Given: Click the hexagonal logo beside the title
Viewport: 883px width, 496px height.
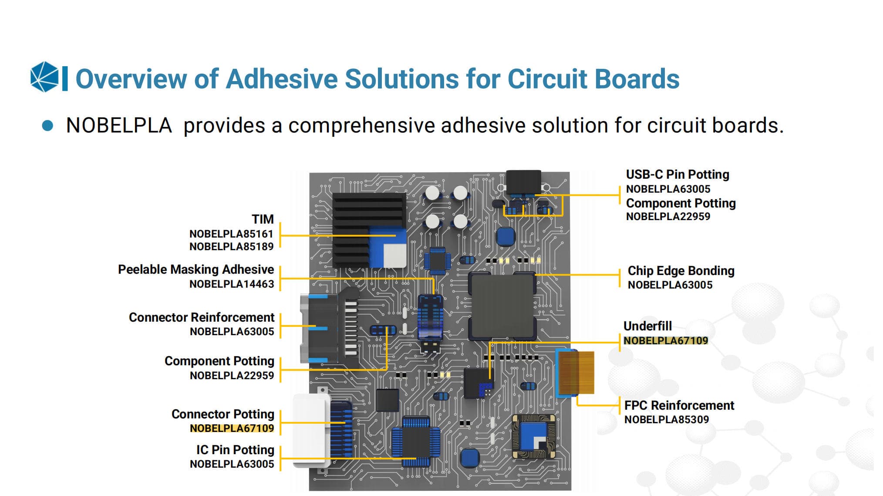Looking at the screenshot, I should click(44, 77).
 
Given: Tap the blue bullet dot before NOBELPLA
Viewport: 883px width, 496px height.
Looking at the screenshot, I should click(47, 126).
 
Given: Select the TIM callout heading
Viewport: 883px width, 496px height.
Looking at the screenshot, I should click(263, 219).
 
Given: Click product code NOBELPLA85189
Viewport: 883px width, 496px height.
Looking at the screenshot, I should click(231, 247).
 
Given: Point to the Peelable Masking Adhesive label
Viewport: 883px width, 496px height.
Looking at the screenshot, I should click(196, 270).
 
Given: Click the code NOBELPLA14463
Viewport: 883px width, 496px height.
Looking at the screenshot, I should click(232, 284).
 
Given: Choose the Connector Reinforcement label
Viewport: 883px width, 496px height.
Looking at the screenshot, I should click(202, 317).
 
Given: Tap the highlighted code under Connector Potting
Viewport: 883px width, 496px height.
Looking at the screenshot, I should click(232, 428).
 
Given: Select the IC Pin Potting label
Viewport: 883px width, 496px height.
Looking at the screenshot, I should click(235, 450).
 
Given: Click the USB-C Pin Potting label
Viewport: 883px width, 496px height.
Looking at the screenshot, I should click(677, 175).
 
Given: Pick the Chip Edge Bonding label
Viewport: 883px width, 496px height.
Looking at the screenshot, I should click(681, 271).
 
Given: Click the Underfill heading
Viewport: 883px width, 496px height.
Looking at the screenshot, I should click(647, 326).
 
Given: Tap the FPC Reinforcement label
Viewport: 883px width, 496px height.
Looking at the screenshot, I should click(679, 405).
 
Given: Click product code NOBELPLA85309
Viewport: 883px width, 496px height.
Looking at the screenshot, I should click(666, 420).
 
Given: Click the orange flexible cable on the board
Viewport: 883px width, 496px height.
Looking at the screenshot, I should click(576, 373).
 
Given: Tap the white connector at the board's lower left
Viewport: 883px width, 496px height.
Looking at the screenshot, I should click(310, 429).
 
